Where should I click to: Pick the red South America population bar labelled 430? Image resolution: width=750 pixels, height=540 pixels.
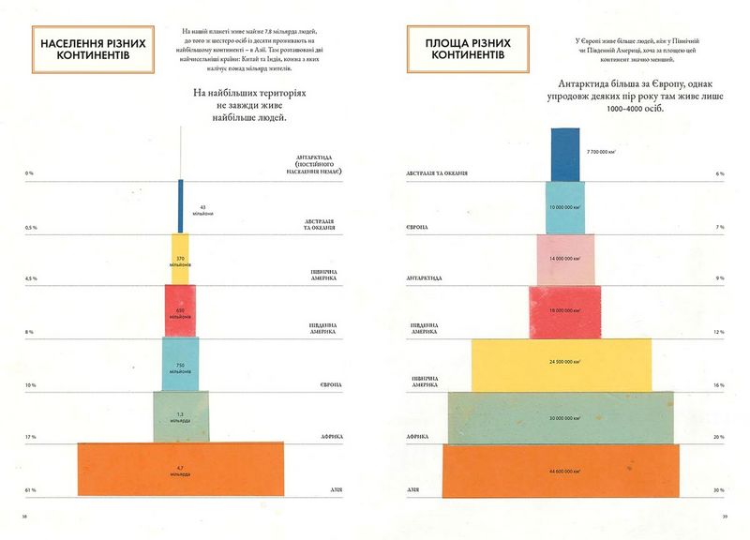pos(180,310)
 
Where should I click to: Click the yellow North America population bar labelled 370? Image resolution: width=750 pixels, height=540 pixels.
pos(180,259)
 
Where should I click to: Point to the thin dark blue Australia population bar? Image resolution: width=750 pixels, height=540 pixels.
pos(180,207)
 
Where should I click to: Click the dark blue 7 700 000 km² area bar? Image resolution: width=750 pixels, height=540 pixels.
pos(565,154)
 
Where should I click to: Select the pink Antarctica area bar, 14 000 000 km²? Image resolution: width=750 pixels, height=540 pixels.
pos(565,259)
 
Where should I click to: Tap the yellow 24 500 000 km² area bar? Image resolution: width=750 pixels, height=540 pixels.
pos(561,364)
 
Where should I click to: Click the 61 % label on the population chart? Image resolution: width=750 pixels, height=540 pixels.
pos(31,489)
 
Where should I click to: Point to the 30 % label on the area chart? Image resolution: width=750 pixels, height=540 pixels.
pos(720,489)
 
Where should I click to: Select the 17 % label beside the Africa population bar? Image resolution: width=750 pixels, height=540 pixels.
pos(31,437)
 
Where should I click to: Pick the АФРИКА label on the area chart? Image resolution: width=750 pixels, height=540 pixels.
pos(418,437)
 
